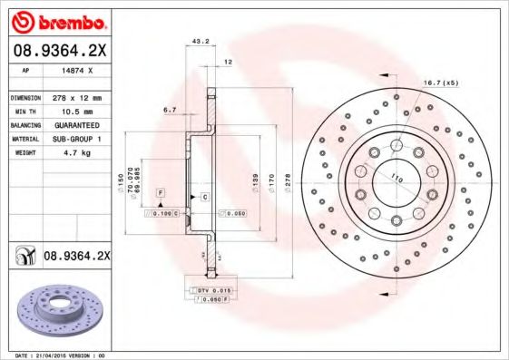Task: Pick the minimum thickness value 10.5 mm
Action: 71,111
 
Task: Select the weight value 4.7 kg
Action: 69,154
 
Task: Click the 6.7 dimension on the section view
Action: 170,111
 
